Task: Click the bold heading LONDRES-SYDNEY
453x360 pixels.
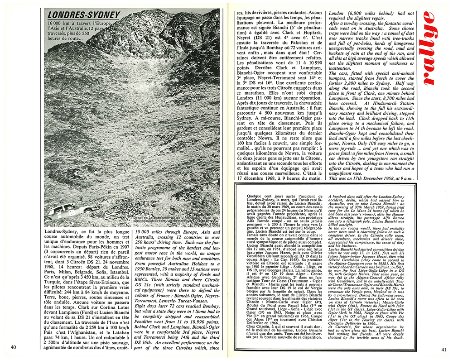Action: (84, 15)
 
